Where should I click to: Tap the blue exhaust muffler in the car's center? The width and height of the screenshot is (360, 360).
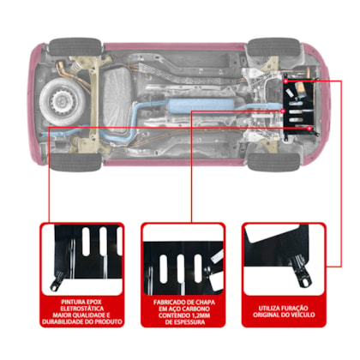click(200, 105)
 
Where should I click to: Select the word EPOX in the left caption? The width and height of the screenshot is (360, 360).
click(92, 302)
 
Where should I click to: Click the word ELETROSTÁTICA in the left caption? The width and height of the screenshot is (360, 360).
click(82, 309)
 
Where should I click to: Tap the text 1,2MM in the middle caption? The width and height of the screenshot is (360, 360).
click(200, 315)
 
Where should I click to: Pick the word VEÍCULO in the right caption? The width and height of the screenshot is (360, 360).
click(302, 315)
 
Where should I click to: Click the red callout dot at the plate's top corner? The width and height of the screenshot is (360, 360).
click(285, 81)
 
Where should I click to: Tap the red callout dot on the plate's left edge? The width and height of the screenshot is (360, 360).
click(283, 111)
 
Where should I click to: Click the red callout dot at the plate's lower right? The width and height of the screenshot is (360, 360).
click(309, 129)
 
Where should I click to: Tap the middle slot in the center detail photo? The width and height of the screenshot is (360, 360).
click(181, 269)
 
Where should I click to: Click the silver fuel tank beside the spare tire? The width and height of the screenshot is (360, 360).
click(117, 100)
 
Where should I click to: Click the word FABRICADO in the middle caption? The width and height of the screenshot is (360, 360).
click(169, 303)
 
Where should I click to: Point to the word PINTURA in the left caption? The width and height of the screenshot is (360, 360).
click(71, 302)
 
